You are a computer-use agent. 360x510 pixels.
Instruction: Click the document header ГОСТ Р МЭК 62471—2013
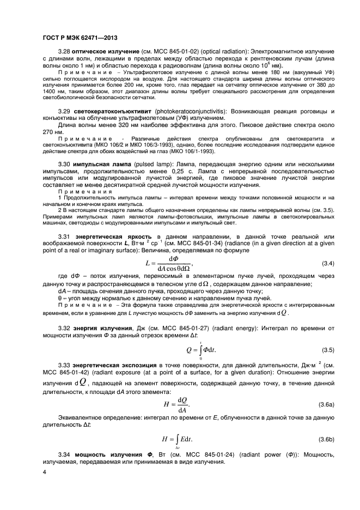(80, 37)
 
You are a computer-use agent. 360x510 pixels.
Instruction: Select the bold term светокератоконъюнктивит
(112, 111)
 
